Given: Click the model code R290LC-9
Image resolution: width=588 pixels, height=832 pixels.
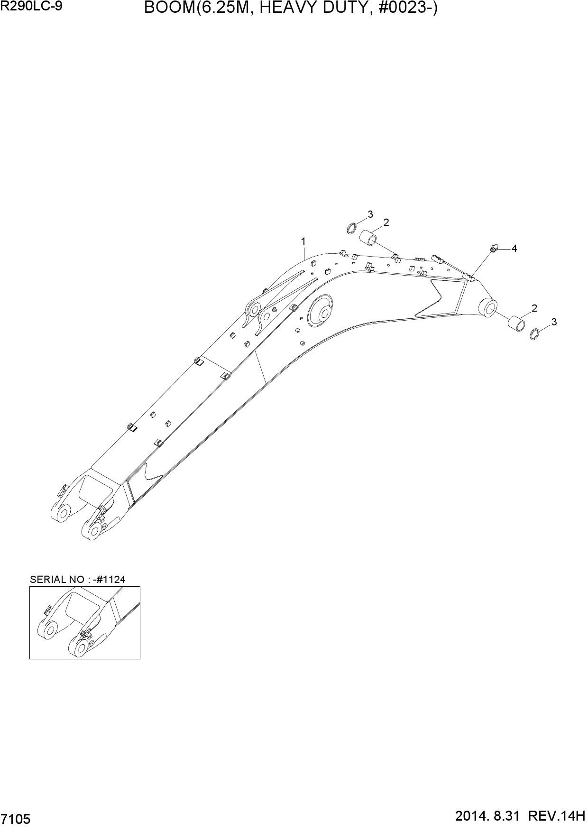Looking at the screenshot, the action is tap(31, 7).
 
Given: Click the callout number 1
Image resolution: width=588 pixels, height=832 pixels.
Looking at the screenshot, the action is tap(303, 241).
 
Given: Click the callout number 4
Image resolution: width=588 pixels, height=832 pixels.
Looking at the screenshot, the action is tap(514, 248).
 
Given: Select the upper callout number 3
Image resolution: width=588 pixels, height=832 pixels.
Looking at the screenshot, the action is tap(370, 214).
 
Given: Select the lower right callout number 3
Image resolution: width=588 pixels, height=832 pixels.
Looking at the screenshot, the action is tap(554, 322).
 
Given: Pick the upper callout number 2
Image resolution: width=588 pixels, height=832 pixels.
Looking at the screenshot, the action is tap(386, 222).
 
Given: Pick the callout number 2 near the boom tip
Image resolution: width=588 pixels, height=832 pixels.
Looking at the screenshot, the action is tap(534, 308).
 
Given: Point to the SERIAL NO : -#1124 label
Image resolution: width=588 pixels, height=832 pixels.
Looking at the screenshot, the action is tap(77, 579).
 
